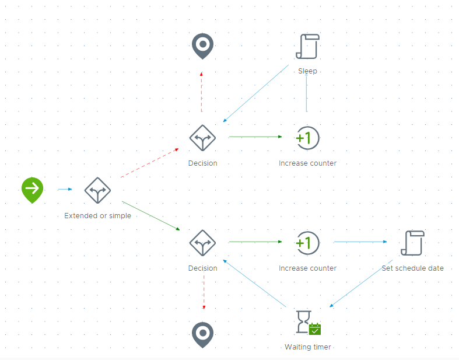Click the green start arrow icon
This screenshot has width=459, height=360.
pyautogui.click(x=33, y=189)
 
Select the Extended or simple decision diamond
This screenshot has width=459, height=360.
pyautogui.click(x=97, y=190)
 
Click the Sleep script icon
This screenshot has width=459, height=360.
pyautogui.click(x=307, y=47)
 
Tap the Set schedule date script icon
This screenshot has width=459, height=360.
pyautogui.click(x=412, y=243)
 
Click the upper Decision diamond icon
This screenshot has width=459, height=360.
pyautogui.click(x=202, y=138)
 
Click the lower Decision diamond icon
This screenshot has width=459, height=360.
pyautogui.click(x=202, y=243)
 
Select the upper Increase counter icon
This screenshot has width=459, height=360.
pyautogui.click(x=307, y=138)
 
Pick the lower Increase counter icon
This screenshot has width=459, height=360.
pyautogui.click(x=307, y=243)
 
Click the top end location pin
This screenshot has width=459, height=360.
pyautogui.click(x=202, y=45)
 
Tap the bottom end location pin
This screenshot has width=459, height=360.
pyautogui.click(x=202, y=334)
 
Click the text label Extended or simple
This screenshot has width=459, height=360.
pyautogui.click(x=97, y=215)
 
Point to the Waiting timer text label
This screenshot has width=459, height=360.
pyautogui.click(x=307, y=347)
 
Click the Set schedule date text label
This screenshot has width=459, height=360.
pyautogui.click(x=412, y=268)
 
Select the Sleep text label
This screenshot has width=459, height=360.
pyautogui.click(x=307, y=71)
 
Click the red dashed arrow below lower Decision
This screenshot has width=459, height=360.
pyautogui.click(x=204, y=292)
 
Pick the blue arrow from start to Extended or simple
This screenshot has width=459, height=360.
pyautogui.click(x=65, y=189)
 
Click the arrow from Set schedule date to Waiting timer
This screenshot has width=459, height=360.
pyautogui.click(x=362, y=282)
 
